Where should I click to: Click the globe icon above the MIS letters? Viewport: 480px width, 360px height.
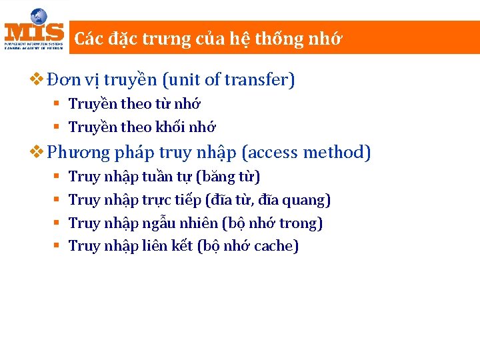pos(39,16)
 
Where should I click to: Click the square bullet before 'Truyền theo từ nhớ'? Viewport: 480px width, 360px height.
pos(57,104)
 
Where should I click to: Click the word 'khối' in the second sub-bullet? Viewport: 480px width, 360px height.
pos(171,127)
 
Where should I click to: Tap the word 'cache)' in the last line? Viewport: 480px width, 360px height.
pos(277,246)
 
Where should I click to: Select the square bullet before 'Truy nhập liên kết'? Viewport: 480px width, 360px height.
pos(57,246)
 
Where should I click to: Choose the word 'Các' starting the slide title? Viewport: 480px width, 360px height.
pos(86,39)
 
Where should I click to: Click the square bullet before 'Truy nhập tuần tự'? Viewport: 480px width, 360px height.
pos(57,177)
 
